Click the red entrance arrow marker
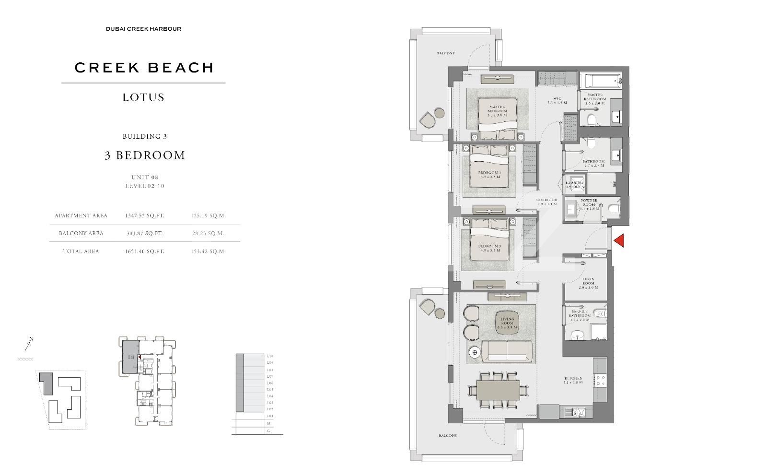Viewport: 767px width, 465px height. click(619, 240)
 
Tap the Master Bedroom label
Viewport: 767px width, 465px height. click(497, 111)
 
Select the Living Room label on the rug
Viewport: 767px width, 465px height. click(507, 321)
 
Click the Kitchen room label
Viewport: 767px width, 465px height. click(573, 381)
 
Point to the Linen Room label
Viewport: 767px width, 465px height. click(588, 283)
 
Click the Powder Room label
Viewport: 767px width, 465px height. click(589, 204)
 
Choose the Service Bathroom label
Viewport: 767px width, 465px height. click(579, 316)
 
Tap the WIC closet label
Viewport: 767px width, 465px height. click(557, 101)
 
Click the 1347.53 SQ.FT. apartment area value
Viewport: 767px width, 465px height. click(144, 216)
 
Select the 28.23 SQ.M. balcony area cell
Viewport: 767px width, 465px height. click(208, 233)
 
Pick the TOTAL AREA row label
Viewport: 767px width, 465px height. click(81, 251)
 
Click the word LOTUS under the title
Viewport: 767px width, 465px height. click(143, 97)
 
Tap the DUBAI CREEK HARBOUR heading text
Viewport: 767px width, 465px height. click(143, 29)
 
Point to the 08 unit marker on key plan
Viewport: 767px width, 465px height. click(130, 357)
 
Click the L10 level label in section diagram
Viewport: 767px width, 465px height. click(270, 356)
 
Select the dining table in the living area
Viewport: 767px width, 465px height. click(498, 390)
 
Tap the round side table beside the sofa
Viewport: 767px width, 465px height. click(475, 353)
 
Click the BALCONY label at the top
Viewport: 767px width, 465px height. click(446, 53)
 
